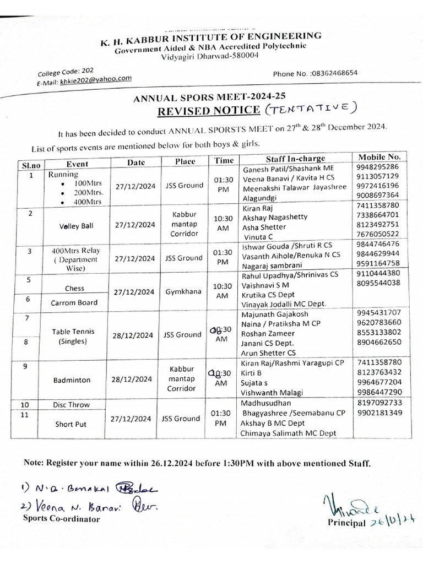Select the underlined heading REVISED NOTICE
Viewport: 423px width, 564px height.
(209, 110)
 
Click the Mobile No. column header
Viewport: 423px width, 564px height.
(379, 157)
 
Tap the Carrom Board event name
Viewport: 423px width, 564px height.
(74, 302)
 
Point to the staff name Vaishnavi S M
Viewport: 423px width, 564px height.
(267, 285)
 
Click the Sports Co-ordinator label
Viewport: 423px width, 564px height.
(61, 519)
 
